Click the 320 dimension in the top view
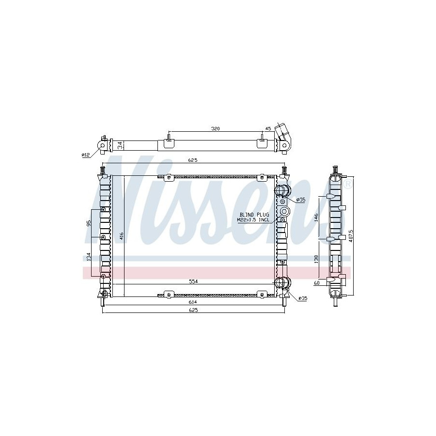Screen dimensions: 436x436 216,128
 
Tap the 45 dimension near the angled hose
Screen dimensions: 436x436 268,128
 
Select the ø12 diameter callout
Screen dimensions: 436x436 86,155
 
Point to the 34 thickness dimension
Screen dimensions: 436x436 120,145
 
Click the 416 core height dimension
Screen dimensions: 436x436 121,236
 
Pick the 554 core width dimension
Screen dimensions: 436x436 193,281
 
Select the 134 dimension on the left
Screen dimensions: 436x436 89,257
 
